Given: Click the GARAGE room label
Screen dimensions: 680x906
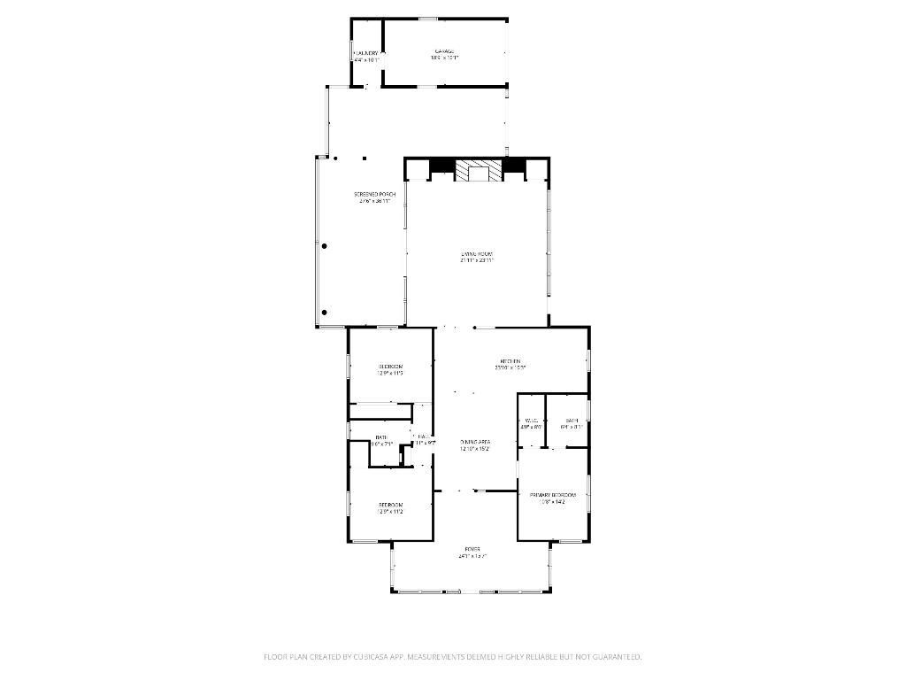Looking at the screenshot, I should click(x=444, y=51).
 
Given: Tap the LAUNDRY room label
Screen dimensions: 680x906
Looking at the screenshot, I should click(x=366, y=53).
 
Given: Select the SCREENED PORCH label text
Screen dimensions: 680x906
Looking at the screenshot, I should click(x=368, y=194).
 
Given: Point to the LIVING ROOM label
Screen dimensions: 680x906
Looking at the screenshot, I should click(x=477, y=254).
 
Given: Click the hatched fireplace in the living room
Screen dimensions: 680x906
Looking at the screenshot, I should click(x=478, y=170).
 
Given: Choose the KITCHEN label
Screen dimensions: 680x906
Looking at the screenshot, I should click(x=511, y=361).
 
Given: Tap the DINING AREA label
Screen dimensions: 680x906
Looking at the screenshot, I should click(x=475, y=441).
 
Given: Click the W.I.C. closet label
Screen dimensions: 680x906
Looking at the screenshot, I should click(x=532, y=421).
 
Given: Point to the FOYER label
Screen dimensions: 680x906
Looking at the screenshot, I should click(x=473, y=549).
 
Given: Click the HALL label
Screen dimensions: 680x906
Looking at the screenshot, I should click(x=424, y=437).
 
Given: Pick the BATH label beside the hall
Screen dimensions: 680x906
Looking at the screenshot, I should click(x=381, y=437).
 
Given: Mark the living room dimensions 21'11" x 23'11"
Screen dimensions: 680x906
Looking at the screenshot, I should click(x=477, y=261).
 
